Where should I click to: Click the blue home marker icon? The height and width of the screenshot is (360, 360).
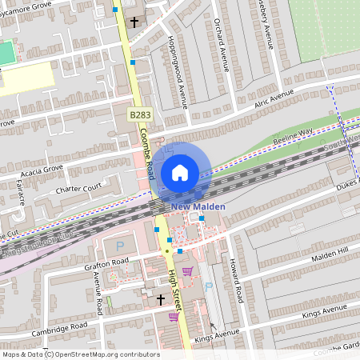pos(180,172)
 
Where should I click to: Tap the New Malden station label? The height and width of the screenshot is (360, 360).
pos(198,206)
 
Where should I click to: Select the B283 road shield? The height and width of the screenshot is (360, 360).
pos(140,115)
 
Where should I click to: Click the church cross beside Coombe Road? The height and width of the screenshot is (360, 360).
pos(134,22)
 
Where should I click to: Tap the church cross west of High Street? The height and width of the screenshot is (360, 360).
pos(160,299)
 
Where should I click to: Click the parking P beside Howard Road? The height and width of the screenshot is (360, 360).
pos(206,285)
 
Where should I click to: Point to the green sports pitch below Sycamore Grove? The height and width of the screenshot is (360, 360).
pos(6,54)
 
